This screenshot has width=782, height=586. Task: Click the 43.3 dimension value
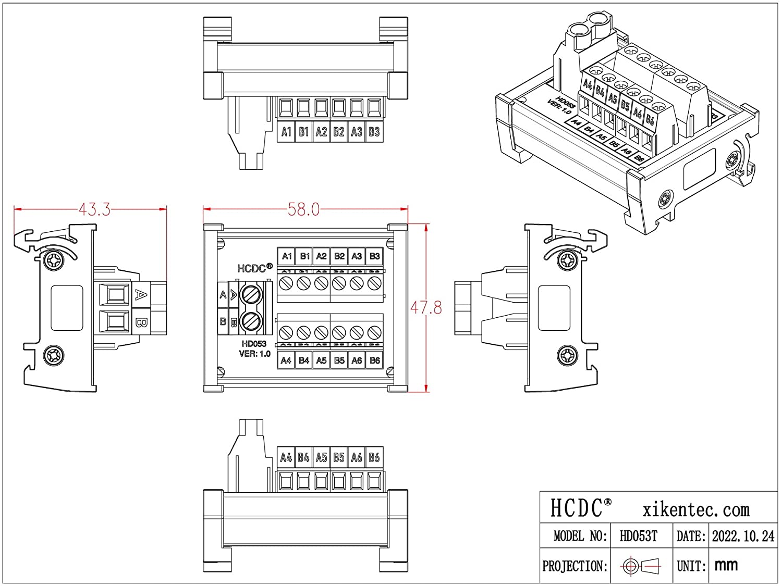pos(94,209)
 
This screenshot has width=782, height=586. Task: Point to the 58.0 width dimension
pos(303,209)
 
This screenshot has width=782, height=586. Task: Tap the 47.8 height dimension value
pos(426,308)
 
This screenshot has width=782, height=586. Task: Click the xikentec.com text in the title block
pos(696,509)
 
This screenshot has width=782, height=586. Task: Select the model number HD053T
pos(638,536)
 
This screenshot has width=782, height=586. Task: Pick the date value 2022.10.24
pos(743,536)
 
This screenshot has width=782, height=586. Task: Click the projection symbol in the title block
pos(641,566)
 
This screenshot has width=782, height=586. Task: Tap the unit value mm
pos(726,565)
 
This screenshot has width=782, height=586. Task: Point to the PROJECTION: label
pos(575,566)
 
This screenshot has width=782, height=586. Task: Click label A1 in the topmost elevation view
pos(286,132)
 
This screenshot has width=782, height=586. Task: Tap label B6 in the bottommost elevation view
pos(374,457)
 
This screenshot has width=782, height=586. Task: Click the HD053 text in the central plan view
pos(254,344)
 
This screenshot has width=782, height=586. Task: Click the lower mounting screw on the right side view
pos(568,356)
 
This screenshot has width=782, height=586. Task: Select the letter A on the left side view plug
pos(140,295)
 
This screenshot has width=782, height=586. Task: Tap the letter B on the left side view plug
pos(140,322)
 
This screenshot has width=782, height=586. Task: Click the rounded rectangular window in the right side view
pos(553,308)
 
